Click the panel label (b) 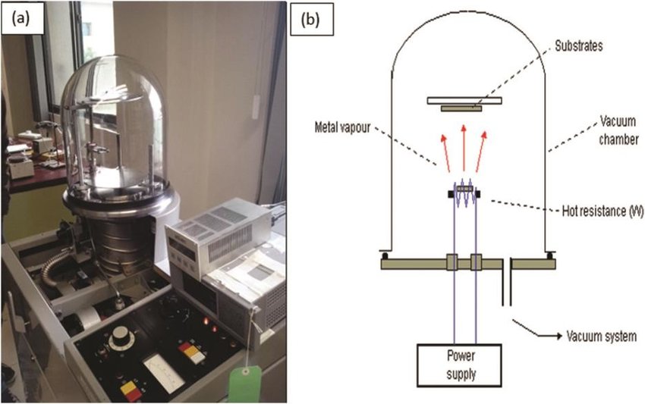pyautogui.click(x=310, y=20)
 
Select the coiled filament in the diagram pyautogui.click(x=464, y=192)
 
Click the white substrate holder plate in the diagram pyautogui.click(x=463, y=99)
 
